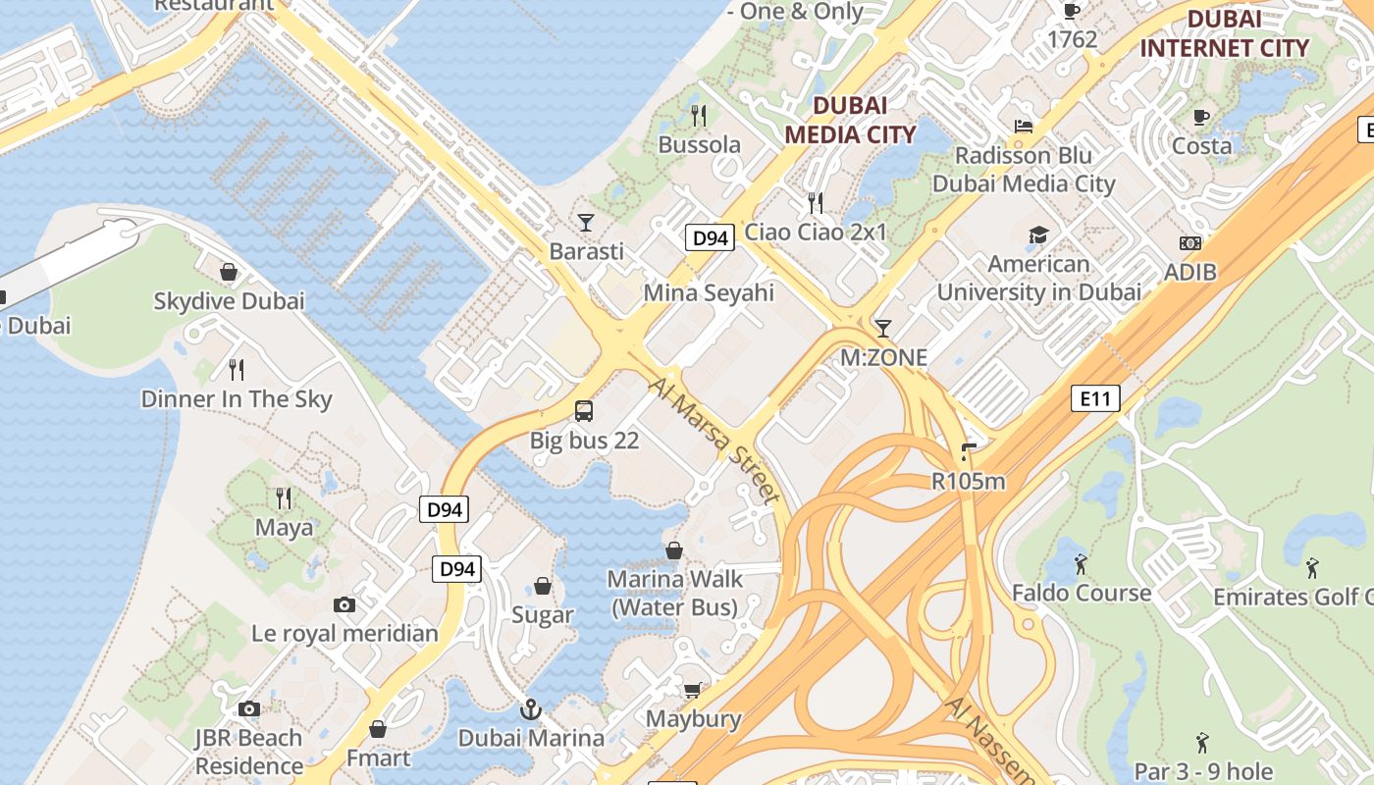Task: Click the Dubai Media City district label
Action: pyautogui.click(x=850, y=120)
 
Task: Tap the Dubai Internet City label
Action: pyautogui.click(x=1224, y=33)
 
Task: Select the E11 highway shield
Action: pyautogui.click(x=1095, y=398)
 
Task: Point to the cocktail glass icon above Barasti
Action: pyautogui.click(x=586, y=223)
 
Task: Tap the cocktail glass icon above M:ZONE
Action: pyautogui.click(x=883, y=328)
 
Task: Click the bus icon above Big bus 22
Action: pyautogui.click(x=584, y=411)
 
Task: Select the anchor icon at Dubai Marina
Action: pyautogui.click(x=531, y=708)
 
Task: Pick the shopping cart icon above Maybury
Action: pyautogui.click(x=693, y=690)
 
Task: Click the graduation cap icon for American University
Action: pyautogui.click(x=1038, y=235)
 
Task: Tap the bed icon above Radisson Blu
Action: pyautogui.click(x=1024, y=127)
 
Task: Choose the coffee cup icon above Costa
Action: pyautogui.click(x=1201, y=117)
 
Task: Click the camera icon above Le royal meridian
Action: pyautogui.click(x=344, y=604)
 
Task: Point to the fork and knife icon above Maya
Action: pyautogui.click(x=284, y=498)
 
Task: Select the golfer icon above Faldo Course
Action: pyautogui.click(x=1081, y=564)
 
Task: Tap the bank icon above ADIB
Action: pyautogui.click(x=1189, y=243)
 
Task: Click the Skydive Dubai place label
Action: pyautogui.click(x=229, y=301)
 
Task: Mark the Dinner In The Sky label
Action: pyautogui.click(x=237, y=399)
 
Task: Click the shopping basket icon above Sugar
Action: pyautogui.click(x=543, y=587)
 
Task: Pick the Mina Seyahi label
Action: pyautogui.click(x=709, y=292)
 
